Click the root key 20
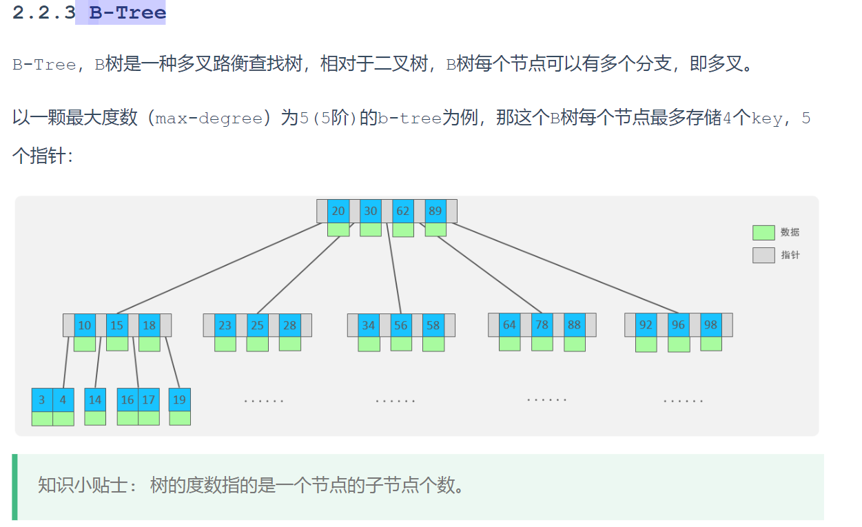click(x=338, y=211)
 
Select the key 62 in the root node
click(x=402, y=211)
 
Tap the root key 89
click(x=435, y=211)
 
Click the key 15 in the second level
click(x=117, y=325)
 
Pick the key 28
click(x=289, y=325)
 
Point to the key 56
click(x=401, y=325)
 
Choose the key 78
click(x=542, y=324)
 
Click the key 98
click(x=710, y=324)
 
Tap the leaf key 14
click(x=95, y=400)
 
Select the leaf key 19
click(x=179, y=400)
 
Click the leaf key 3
click(x=42, y=400)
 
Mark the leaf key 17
click(x=149, y=400)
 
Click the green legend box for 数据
click(x=763, y=233)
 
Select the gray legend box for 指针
click(x=763, y=256)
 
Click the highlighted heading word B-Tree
click(x=127, y=12)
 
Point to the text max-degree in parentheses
click(x=209, y=118)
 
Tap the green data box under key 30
click(x=371, y=229)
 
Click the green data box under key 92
click(x=646, y=344)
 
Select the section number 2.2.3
click(x=43, y=12)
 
